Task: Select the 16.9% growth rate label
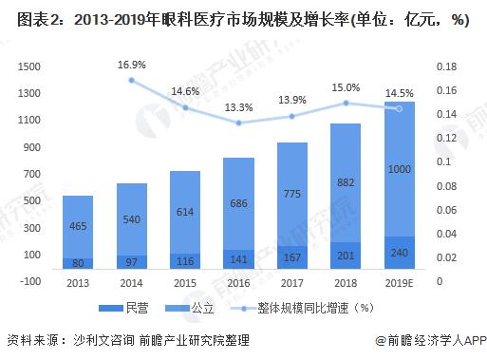pos(132,65)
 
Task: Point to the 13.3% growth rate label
pos(239,106)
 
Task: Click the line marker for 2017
pos(292,116)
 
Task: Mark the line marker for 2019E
pos(400,108)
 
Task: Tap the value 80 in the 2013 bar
pos(78,263)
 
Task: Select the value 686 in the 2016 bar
pos(239,203)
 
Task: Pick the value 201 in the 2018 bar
pos(346,256)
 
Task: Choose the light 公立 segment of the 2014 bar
pos(132,218)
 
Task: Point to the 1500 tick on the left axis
pos(30,66)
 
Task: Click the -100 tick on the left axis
pos(31,281)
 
